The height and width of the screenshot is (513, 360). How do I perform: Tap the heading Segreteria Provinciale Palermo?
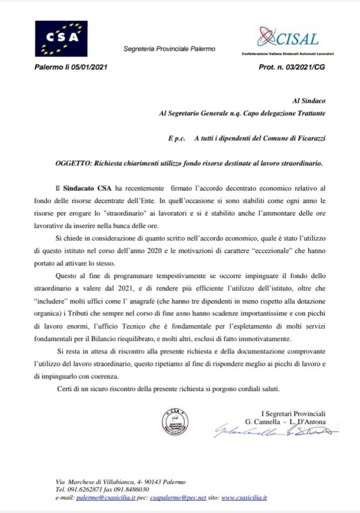(x=169, y=49)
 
